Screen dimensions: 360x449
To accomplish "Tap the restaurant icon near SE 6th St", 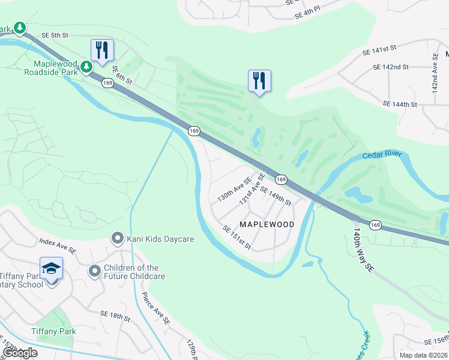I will (x=101, y=50).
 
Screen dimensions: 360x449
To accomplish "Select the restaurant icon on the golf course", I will (x=259, y=80).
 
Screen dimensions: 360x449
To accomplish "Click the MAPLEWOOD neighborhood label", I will (x=267, y=224).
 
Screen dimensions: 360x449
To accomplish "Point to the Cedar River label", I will (x=381, y=155).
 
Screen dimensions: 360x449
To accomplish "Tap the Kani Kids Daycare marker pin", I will (x=118, y=239).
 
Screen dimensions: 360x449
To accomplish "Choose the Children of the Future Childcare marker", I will (x=94, y=272).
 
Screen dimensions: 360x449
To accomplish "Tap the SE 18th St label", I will (x=115, y=314).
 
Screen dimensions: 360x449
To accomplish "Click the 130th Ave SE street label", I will (x=234, y=188).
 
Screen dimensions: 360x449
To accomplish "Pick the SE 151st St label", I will (x=237, y=238).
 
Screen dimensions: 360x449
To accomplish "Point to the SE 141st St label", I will (x=381, y=50).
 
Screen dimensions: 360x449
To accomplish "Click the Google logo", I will (x=20, y=353).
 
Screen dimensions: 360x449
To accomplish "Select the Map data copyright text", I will (x=423, y=355).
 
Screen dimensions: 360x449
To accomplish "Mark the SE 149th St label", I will (x=276, y=195).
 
